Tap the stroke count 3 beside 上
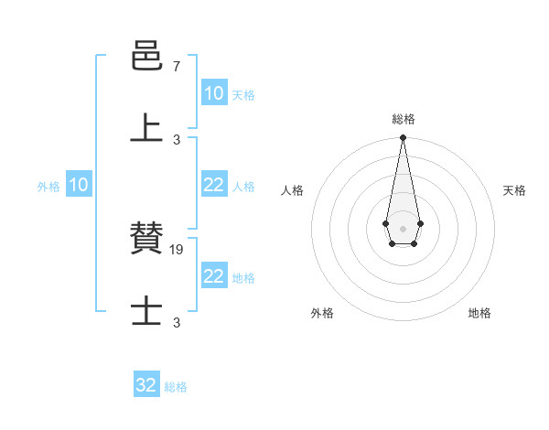pyautogui.click(x=177, y=139)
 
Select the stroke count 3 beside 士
pyautogui.click(x=177, y=322)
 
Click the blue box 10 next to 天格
pyautogui.click(x=213, y=93)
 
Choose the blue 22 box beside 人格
pyautogui.click(x=213, y=185)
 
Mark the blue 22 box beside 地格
pyautogui.click(x=213, y=276)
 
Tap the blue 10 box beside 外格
pyautogui.click(x=78, y=185)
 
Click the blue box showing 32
pyautogui.click(x=145, y=385)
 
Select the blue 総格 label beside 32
pyautogui.click(x=176, y=387)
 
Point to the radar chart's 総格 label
pyautogui.click(x=403, y=119)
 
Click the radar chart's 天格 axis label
pyautogui.click(x=514, y=190)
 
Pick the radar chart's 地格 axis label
pyautogui.click(x=479, y=313)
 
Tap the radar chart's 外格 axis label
pyautogui.click(x=322, y=313)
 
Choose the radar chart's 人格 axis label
pyautogui.click(x=292, y=190)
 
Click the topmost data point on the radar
pyautogui.click(x=403, y=137)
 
